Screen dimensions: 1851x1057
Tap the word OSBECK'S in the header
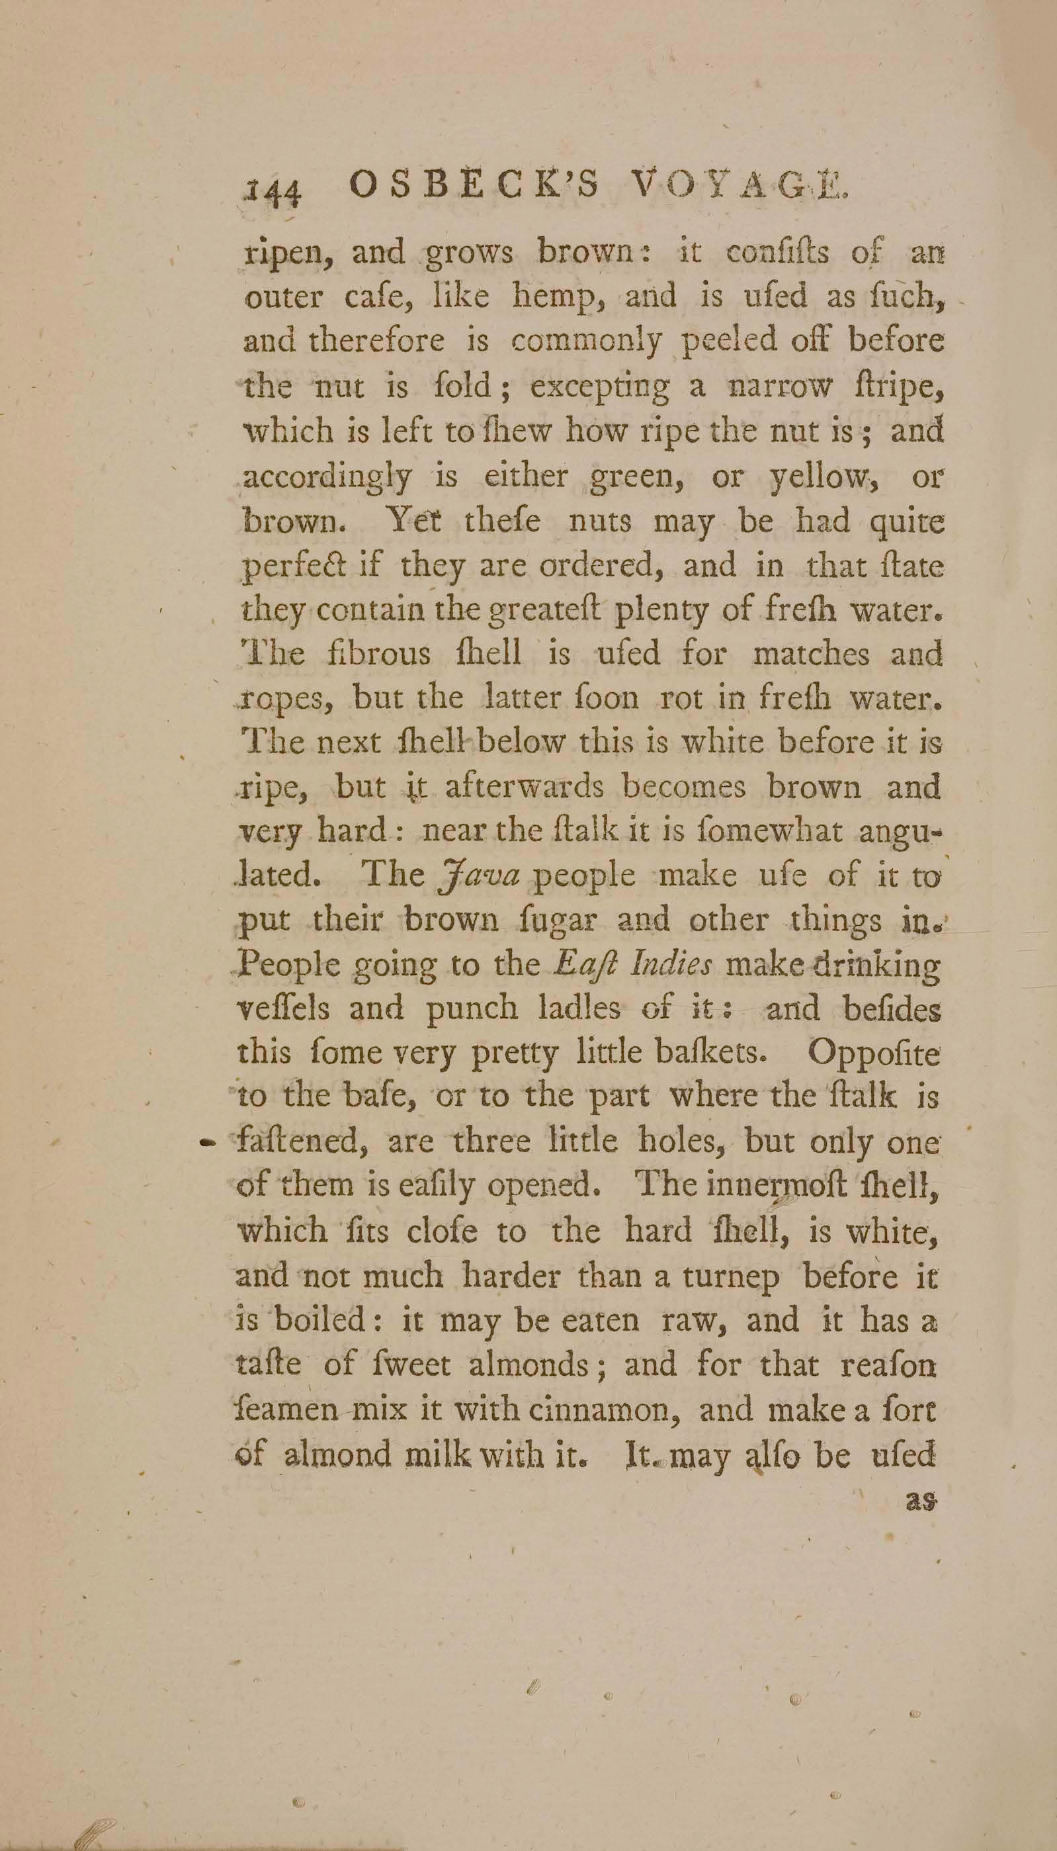click(x=474, y=187)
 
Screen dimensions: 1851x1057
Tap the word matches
click(x=811, y=655)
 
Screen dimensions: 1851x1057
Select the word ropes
click(x=288, y=700)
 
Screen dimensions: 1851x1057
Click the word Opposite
click(x=873, y=1053)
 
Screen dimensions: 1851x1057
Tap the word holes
click(x=683, y=1142)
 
